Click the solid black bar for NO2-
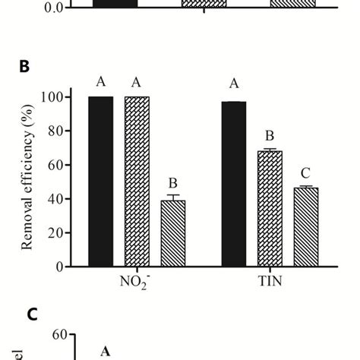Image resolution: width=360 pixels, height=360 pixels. (100, 182)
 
